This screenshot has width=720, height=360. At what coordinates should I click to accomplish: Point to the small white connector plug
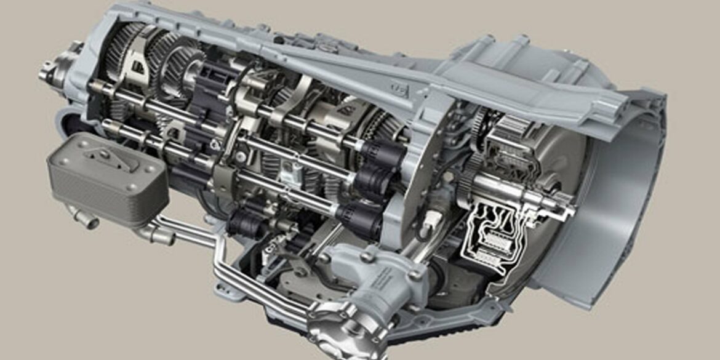pos(433,218)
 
